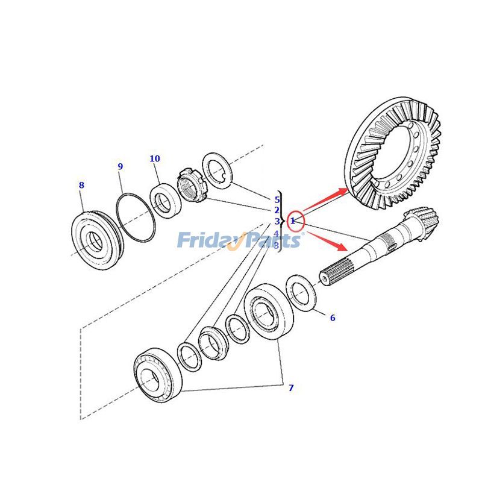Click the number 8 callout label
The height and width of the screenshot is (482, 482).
click(x=81, y=186)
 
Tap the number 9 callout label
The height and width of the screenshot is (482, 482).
click(x=120, y=167)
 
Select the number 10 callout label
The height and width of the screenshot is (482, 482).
click(x=155, y=159)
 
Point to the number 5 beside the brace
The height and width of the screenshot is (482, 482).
click(x=277, y=200)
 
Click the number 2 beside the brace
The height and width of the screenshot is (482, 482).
click(x=277, y=210)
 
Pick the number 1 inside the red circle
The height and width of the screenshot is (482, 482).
click(x=293, y=221)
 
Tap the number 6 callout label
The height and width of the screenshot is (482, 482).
click(x=332, y=318)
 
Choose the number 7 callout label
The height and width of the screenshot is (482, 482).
click(x=290, y=388)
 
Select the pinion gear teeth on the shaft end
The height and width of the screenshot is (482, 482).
click(x=422, y=221)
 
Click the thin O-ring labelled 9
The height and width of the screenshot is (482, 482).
click(x=136, y=218)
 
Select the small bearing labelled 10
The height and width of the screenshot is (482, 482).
click(x=165, y=201)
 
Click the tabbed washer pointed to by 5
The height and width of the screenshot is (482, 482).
click(x=217, y=171)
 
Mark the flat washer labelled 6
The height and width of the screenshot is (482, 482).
click(x=300, y=293)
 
